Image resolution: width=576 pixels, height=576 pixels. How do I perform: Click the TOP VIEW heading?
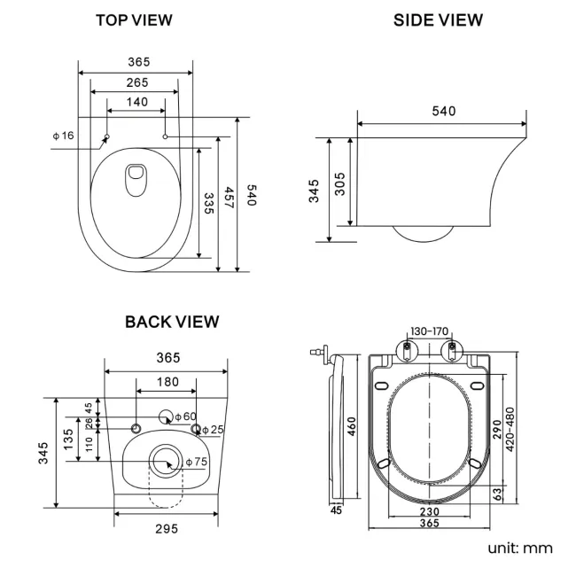point(134,19)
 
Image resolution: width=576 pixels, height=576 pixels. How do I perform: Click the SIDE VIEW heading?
point(438,19)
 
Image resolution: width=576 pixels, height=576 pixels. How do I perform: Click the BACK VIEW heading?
point(172,322)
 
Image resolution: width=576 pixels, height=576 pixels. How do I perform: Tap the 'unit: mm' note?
point(519,548)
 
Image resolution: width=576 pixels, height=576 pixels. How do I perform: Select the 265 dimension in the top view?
point(136,82)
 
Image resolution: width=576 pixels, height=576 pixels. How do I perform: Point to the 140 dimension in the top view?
point(136,102)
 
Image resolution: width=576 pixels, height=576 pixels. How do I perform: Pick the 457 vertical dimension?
point(229,197)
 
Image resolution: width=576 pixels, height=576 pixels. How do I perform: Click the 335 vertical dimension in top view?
point(208,204)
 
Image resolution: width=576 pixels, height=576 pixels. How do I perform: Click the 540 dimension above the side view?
point(443,111)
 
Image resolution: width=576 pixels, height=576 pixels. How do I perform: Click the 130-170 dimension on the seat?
point(430,331)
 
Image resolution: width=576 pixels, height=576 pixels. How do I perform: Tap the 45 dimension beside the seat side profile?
point(336,510)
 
